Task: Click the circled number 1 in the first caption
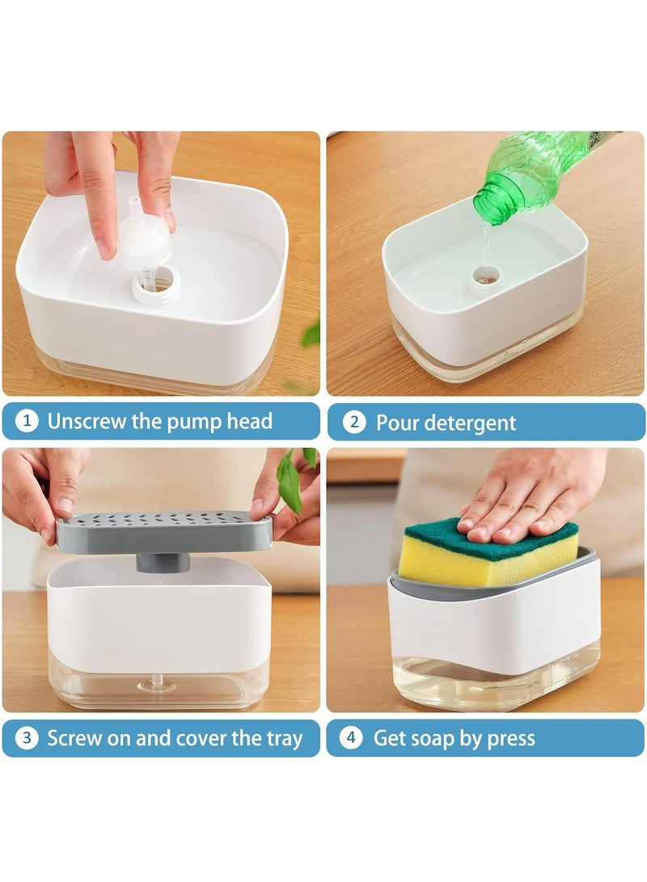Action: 26,421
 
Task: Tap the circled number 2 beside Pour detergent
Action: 354,422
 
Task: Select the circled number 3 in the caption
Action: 27,738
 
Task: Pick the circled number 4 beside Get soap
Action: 352,737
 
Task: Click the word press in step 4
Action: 511,739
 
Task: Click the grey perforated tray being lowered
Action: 164,530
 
